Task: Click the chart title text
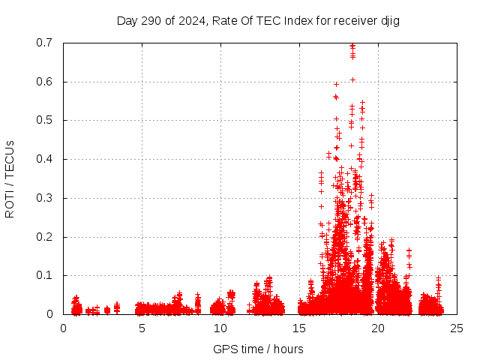pos(258,20)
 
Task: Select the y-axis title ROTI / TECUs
pos(10,178)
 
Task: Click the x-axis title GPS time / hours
pos(258,349)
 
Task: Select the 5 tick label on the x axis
pos(142,328)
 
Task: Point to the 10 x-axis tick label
pos(220,328)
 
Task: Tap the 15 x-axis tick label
pos(299,328)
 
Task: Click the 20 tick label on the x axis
pos(378,328)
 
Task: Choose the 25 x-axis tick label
pos(457,328)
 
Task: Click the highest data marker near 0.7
pos(352,46)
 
